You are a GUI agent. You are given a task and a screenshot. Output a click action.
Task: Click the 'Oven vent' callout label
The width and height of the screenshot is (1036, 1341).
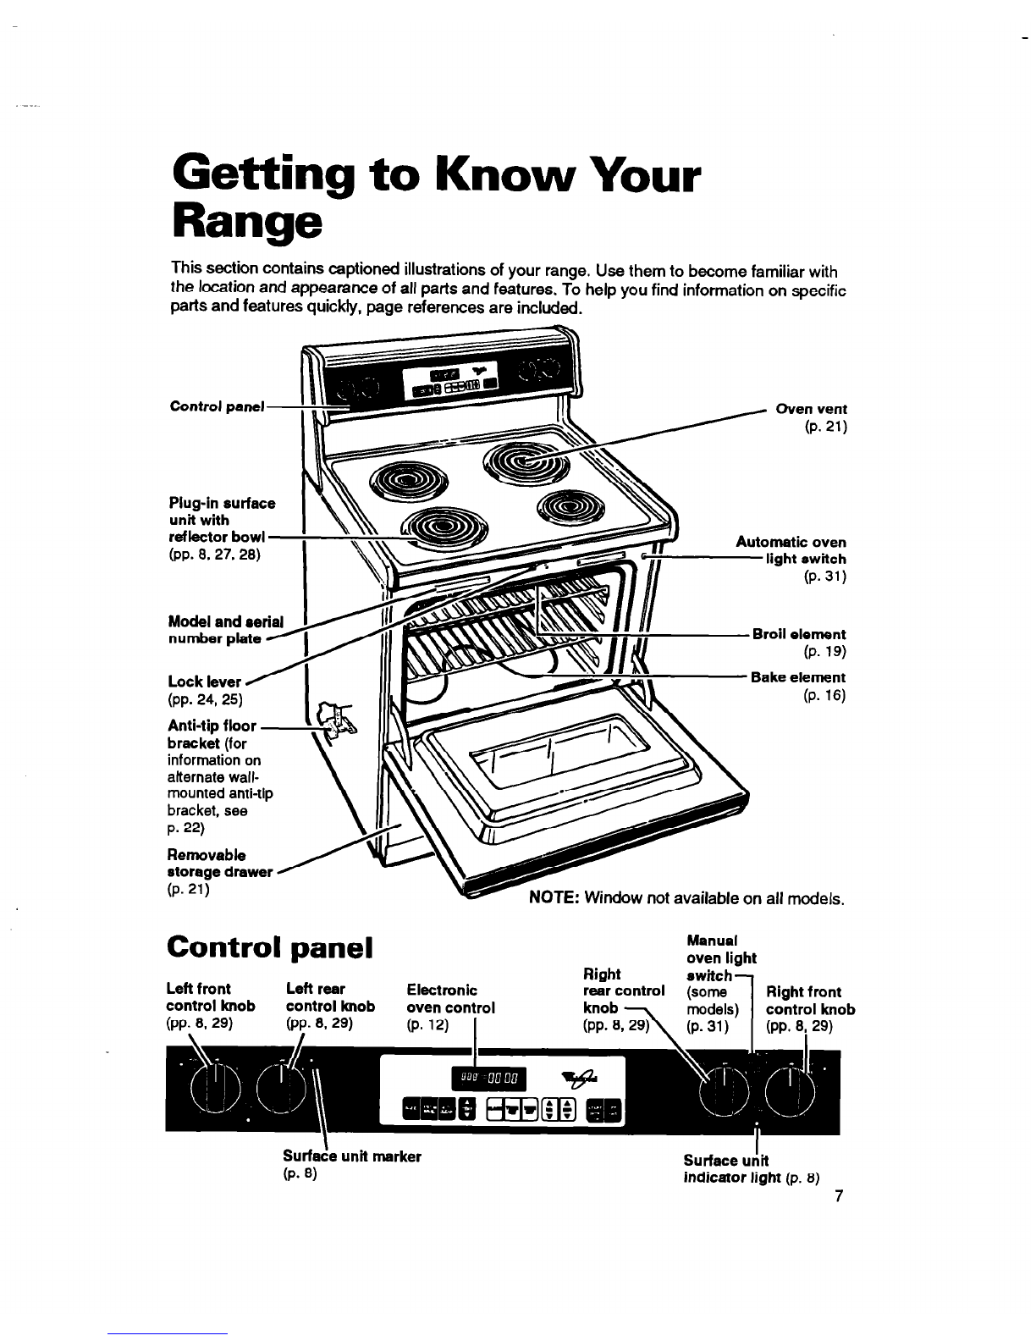(812, 409)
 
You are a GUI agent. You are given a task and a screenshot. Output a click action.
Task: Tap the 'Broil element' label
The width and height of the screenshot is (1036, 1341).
(798, 634)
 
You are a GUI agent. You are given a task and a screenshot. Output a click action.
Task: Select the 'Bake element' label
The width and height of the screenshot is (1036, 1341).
(797, 677)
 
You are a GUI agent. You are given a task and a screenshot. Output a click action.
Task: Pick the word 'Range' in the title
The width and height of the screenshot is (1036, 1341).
(246, 219)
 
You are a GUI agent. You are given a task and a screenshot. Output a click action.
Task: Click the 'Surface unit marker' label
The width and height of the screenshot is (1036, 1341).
(351, 1156)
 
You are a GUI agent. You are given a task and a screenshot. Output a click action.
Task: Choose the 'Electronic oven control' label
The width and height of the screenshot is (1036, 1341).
(450, 999)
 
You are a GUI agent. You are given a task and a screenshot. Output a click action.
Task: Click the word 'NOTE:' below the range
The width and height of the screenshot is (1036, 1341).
(553, 897)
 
